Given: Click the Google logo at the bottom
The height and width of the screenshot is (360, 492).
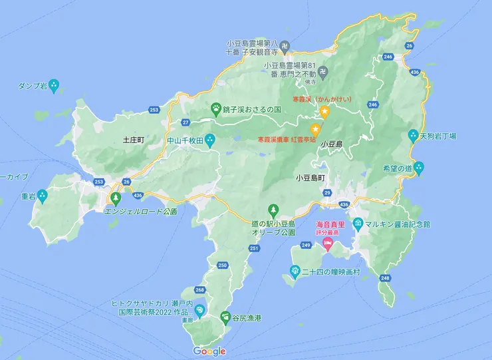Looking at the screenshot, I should point(209,351).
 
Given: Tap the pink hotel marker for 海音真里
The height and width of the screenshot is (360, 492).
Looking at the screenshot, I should point(328,243).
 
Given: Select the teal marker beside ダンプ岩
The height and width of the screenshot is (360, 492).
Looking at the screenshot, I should point(55,85).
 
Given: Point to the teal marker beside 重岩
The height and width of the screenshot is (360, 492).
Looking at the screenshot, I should point(42,196).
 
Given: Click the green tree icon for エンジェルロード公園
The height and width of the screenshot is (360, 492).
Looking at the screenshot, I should point(116,198).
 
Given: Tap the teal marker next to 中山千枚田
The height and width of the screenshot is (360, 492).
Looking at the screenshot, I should point(210,140).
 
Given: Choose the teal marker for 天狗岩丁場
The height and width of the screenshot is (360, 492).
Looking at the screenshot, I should point(414,135).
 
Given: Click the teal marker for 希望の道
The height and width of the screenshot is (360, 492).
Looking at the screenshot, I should point(418,168).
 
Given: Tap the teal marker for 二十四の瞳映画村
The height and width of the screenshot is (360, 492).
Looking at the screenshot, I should point(295,270).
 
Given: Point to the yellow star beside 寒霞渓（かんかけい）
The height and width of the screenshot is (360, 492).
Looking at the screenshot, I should point(325,112).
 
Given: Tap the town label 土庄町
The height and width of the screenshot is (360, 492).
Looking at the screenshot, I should point(134,140).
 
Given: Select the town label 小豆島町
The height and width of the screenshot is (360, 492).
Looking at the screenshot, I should point(310,178).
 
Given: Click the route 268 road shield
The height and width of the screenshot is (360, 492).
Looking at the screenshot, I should point(200,290).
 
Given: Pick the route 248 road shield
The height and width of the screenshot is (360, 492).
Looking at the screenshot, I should point(385,277).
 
